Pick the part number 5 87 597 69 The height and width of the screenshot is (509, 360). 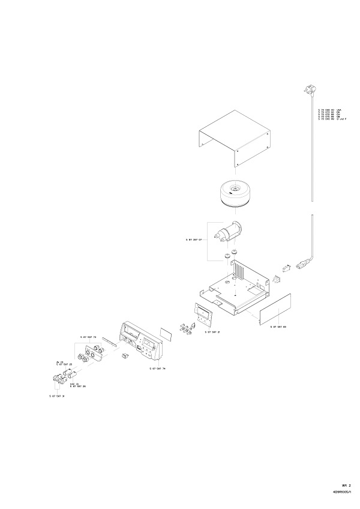(278, 327)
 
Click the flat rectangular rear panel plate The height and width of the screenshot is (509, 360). (275, 309)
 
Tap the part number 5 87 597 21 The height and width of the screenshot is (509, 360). (212, 332)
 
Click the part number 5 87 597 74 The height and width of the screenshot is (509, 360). (157, 369)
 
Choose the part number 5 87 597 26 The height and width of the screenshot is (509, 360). (77, 386)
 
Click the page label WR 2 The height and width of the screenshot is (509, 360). (346, 484)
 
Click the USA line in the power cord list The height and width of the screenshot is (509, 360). (329, 110)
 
